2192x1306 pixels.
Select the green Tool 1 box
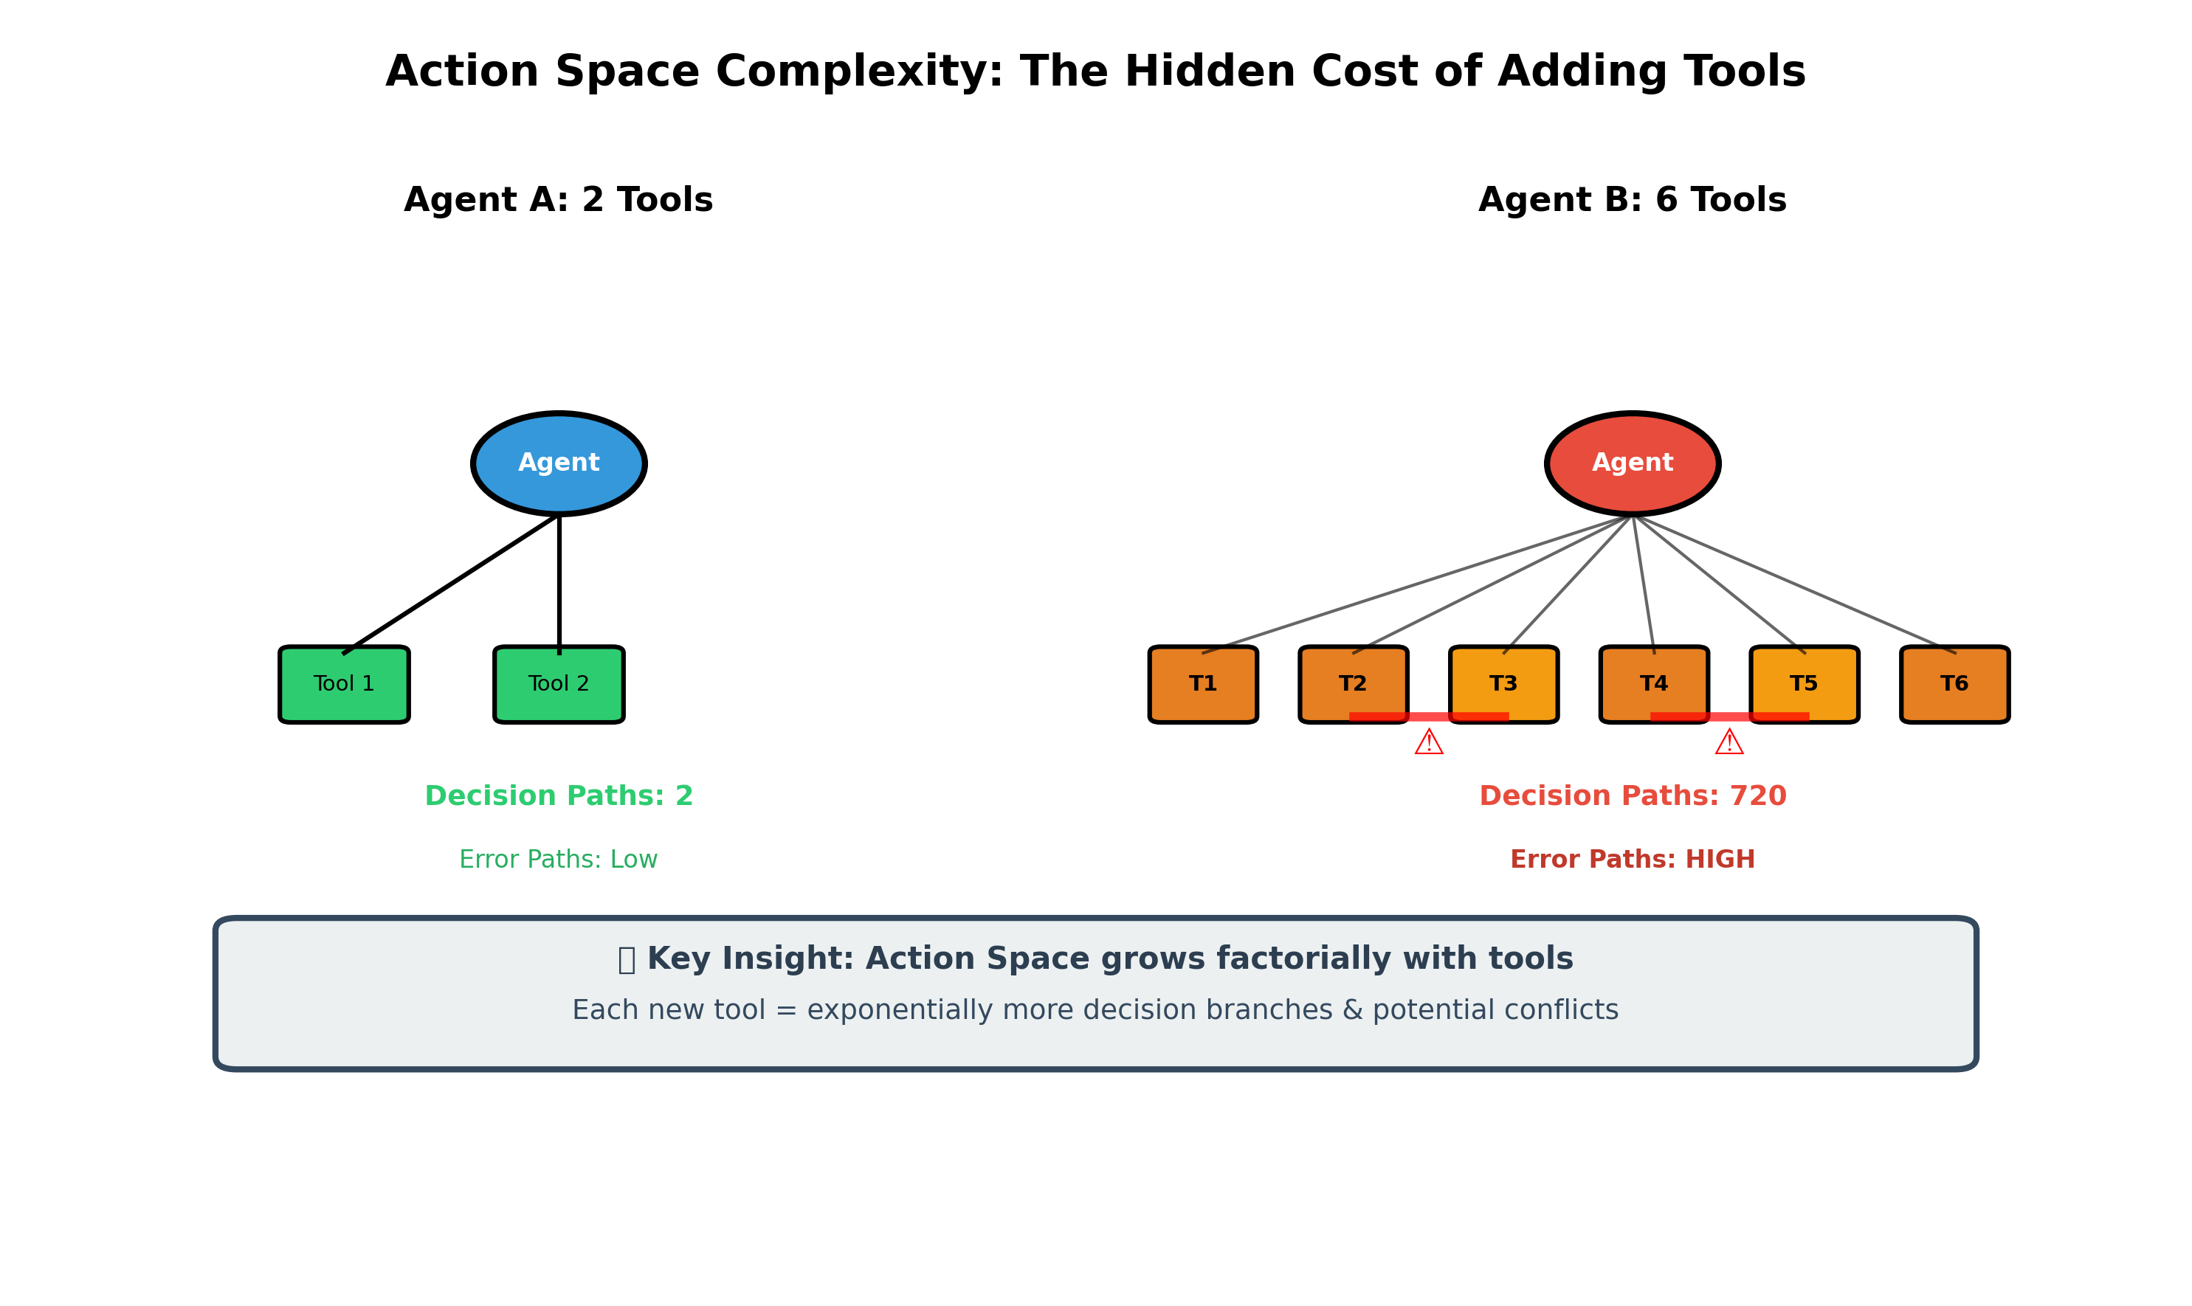point(344,684)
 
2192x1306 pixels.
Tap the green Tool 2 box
point(559,684)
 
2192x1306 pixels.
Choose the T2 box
point(1353,684)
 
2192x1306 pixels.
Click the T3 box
point(1503,684)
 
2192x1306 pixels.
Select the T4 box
point(1654,684)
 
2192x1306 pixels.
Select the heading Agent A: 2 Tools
point(558,200)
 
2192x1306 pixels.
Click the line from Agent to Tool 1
point(451,584)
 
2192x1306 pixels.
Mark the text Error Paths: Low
point(558,860)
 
